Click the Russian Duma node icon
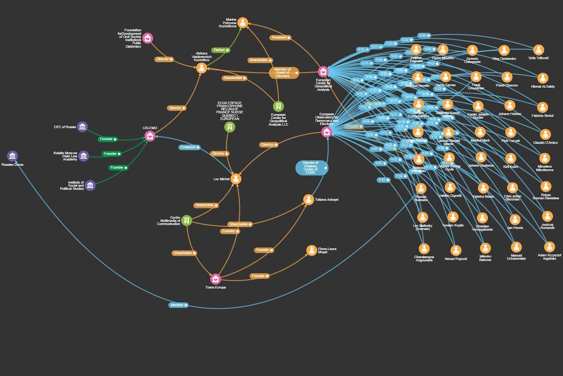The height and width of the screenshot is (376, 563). point(12,156)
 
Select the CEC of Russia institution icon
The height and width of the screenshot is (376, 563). point(82,127)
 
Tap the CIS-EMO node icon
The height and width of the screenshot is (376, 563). point(150,136)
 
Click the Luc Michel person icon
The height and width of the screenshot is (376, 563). point(236,179)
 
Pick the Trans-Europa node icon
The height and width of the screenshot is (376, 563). point(215,279)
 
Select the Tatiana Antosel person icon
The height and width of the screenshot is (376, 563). point(308,199)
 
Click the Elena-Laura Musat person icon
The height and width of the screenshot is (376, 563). point(311,250)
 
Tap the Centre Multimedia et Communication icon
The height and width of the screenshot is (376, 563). point(186,220)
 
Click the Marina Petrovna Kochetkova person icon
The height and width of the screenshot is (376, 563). point(242,23)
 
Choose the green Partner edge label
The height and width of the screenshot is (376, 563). point(221,50)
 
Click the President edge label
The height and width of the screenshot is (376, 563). point(280,37)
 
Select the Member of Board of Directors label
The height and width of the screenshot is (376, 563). point(284,73)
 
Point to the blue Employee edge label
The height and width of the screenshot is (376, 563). point(189,147)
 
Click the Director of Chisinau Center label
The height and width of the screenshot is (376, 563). point(311,168)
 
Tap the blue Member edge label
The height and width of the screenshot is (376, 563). point(178,305)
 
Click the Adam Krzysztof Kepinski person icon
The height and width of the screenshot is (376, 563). point(549,247)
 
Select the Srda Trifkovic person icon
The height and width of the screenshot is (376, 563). point(538,50)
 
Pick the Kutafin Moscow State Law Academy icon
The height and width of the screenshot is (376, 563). point(83,156)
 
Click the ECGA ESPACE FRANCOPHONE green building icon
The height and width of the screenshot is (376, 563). point(229,127)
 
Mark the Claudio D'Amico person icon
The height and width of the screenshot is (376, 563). point(545,134)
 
